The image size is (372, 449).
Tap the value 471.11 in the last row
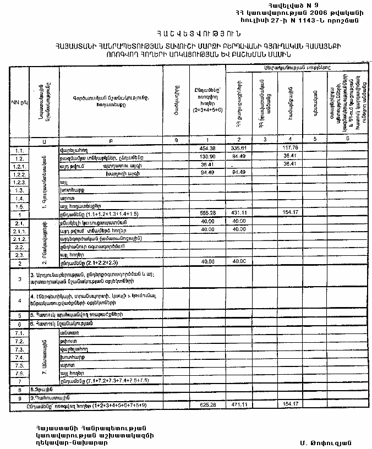coord(238,404)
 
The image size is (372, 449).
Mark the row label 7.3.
coord(20,349)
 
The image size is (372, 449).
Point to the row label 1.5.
coord(20,205)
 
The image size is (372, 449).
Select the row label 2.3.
coord(20,255)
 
